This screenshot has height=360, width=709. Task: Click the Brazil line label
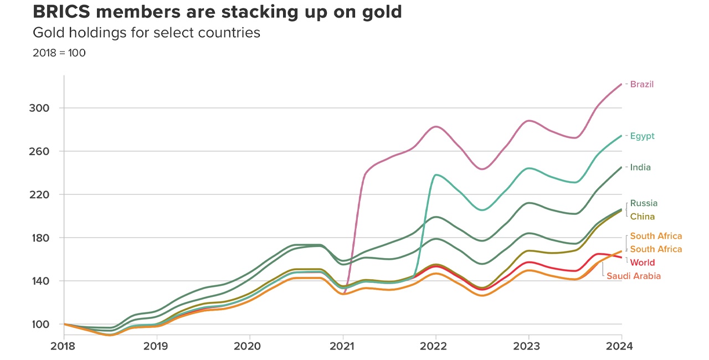(641, 84)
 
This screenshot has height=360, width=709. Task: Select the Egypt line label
(642, 136)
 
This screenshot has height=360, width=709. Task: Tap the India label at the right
(640, 167)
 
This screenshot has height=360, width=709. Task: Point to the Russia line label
(644, 203)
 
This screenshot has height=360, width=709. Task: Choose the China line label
(643, 217)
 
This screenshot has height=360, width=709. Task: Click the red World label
(643, 263)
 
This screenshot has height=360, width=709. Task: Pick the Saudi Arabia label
(633, 276)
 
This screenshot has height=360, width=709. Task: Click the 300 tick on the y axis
(39, 108)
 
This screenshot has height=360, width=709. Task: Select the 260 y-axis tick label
(39, 151)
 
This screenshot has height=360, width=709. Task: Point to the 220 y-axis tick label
(39, 194)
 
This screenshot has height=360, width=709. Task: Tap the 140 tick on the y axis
(39, 281)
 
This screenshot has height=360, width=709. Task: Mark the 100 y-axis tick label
(39, 324)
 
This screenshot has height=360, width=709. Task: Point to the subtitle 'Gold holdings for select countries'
(146, 33)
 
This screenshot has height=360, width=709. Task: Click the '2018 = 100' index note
(59, 53)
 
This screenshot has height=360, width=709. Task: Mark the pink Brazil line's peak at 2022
(436, 127)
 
